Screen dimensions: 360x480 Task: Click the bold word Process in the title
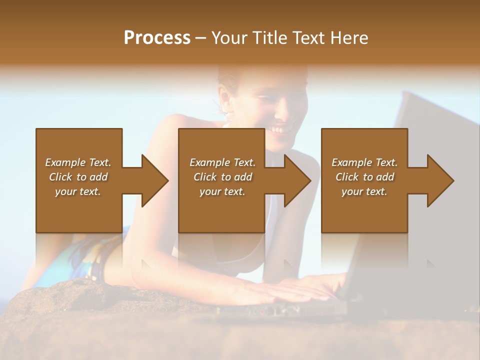[x=157, y=38]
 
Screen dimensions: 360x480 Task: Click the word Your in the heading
[x=230, y=38]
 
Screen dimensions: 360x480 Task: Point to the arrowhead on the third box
[x=439, y=180]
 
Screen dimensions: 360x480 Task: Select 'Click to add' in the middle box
[x=222, y=177]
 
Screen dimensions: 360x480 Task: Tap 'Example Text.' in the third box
[x=364, y=162]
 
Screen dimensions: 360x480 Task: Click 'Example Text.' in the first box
[x=78, y=162]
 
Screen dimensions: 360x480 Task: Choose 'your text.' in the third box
[x=364, y=191]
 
